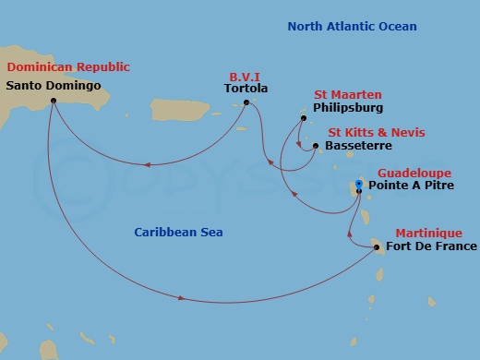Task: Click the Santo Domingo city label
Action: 53,86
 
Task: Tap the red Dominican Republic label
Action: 67,67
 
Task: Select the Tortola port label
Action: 246,89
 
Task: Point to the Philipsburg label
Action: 348,108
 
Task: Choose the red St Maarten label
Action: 348,95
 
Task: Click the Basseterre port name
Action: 359,146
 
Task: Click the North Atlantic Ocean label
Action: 352,27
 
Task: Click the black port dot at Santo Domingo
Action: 54,100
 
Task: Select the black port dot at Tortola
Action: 246,102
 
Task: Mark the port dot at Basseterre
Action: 316,146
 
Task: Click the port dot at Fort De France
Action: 378,246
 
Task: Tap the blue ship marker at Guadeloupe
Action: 360,183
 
